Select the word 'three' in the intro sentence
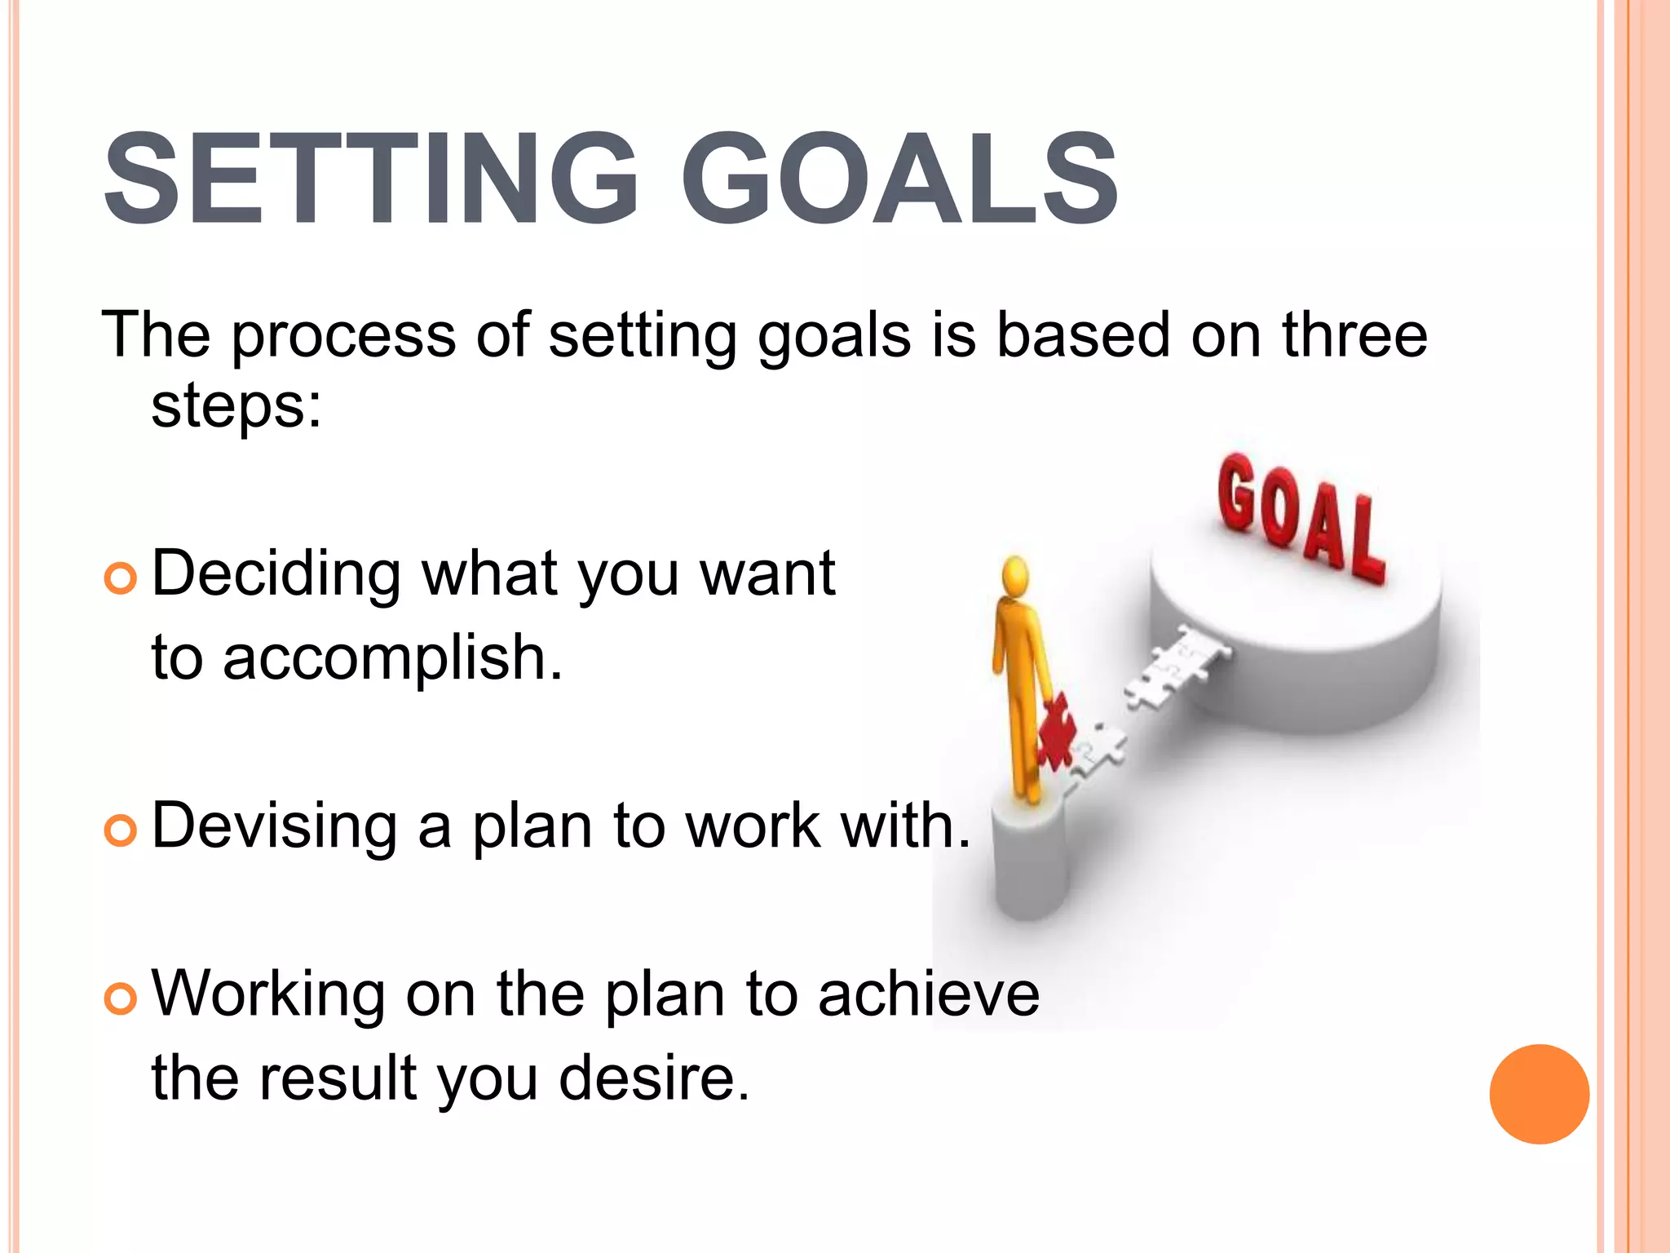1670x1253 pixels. [x=1354, y=334]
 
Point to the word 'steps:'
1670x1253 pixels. [x=236, y=405]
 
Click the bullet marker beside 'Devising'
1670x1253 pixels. [x=121, y=830]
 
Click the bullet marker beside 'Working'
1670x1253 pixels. [x=121, y=998]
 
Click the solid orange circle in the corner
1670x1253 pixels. [x=1539, y=1094]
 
